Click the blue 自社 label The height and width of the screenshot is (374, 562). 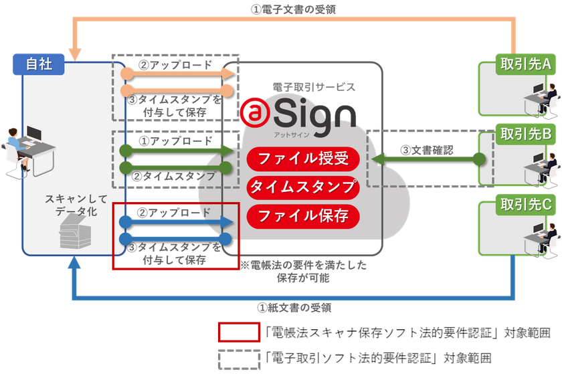tap(39, 64)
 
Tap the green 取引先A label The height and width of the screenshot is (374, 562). tap(525, 64)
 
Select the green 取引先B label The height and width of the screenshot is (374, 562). tap(525, 134)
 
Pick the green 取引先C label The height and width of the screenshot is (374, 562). tap(525, 205)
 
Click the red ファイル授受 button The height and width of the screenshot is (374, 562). tap(303, 159)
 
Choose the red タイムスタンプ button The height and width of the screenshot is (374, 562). tap(303, 187)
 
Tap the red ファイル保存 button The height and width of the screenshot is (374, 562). tap(303, 216)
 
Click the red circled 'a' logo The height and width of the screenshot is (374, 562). tap(254, 113)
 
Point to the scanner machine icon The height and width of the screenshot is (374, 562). tap(75, 231)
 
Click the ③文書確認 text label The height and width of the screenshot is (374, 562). tap(427, 151)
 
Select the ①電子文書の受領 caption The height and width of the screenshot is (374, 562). tap(293, 9)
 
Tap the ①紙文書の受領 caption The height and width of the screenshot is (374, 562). tap(294, 308)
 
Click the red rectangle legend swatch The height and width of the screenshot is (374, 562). tap(239, 333)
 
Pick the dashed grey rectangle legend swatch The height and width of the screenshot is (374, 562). tap(239, 360)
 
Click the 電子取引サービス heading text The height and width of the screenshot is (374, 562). tap(314, 87)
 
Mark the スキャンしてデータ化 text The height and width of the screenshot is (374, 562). tap(76, 205)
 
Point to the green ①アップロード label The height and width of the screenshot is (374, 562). tap(175, 141)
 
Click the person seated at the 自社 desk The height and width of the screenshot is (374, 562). tap(16, 149)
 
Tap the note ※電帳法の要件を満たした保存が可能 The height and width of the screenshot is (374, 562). tap(303, 272)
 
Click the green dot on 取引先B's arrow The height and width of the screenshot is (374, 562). tap(479, 159)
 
